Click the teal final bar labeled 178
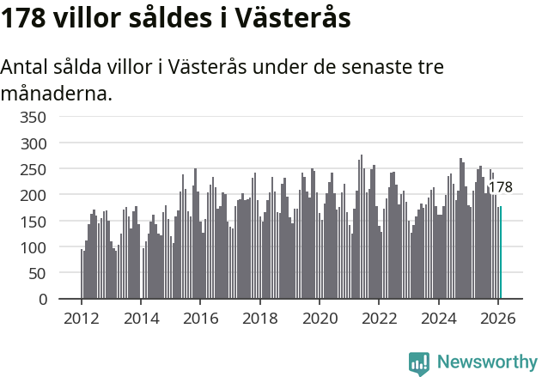[x=501, y=253]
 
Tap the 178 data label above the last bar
[x=500, y=187]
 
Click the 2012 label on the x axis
[x=82, y=318]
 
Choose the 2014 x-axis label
[x=141, y=318]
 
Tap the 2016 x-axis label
[x=200, y=318]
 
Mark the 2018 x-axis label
[x=259, y=318]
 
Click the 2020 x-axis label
[x=320, y=318]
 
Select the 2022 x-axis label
[x=379, y=318]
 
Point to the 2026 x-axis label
[x=498, y=318]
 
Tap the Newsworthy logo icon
[x=419, y=362]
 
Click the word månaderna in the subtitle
[x=57, y=93]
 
